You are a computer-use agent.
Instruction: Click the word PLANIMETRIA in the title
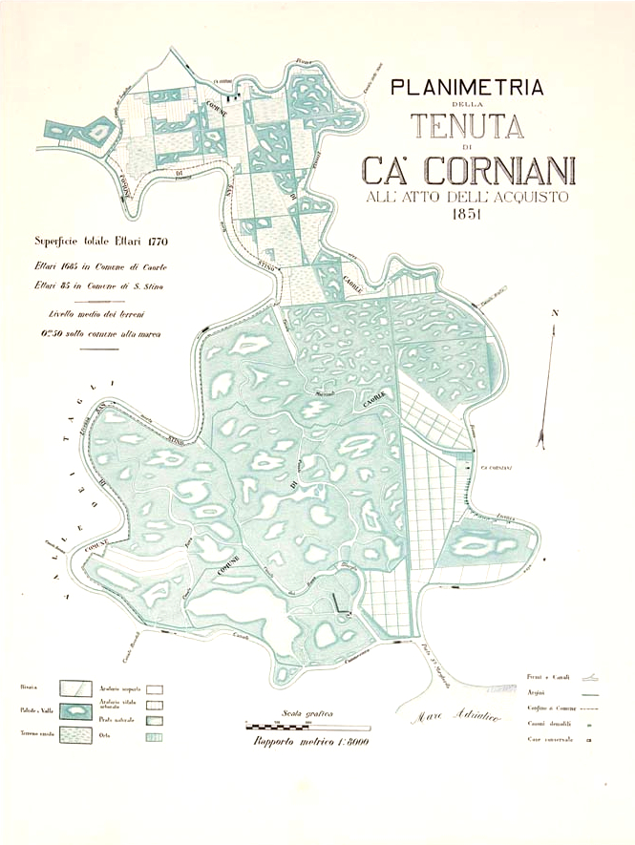pyautogui.click(x=467, y=89)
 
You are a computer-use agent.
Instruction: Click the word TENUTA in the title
pyautogui.click(x=467, y=127)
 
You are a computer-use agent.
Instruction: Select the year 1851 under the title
pyautogui.click(x=467, y=215)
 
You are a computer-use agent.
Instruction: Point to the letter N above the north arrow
pyautogui.click(x=554, y=313)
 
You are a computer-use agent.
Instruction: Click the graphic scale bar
pyautogui.click(x=300, y=727)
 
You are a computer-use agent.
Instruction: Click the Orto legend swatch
pyautogui.click(x=154, y=736)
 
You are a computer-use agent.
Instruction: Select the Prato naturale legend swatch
pyautogui.click(x=154, y=720)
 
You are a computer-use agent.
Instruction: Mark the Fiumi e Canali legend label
pyautogui.click(x=548, y=677)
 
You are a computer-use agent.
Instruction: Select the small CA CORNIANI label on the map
pyautogui.click(x=497, y=467)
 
